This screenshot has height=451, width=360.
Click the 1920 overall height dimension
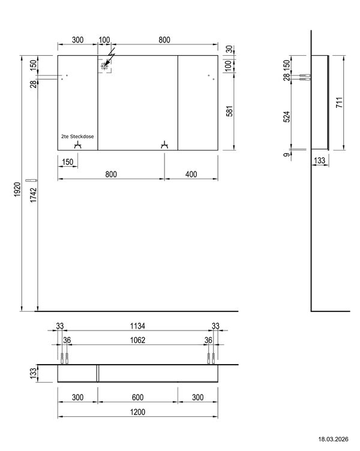click(x=17, y=190)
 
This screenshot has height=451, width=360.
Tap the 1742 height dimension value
click(x=34, y=195)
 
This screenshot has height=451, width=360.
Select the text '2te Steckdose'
click(x=77, y=136)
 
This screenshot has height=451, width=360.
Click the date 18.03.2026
click(x=333, y=439)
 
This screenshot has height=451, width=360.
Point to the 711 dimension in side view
click(x=339, y=103)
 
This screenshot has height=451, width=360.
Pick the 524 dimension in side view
click(x=287, y=117)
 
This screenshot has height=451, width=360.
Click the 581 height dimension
click(x=229, y=111)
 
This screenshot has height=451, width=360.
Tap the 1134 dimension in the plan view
click(x=137, y=326)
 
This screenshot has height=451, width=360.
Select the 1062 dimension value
click(x=137, y=340)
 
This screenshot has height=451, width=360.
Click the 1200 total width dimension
click(x=137, y=412)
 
